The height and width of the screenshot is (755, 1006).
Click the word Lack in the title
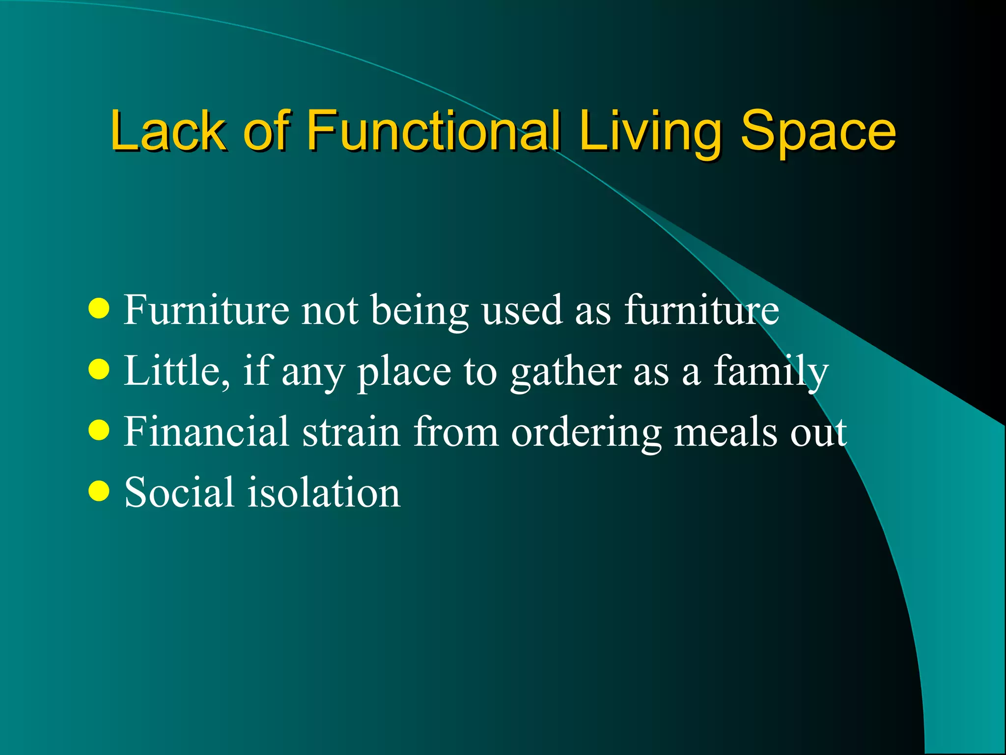pyautogui.click(x=168, y=131)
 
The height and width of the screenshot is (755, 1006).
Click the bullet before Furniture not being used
pyautogui.click(x=99, y=309)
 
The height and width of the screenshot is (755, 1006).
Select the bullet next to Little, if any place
pyautogui.click(x=99, y=370)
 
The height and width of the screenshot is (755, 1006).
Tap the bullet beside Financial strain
pyautogui.click(x=99, y=431)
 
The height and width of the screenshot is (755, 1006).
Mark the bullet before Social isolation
pyautogui.click(x=99, y=491)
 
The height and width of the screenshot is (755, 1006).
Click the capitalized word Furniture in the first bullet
pyautogui.click(x=206, y=310)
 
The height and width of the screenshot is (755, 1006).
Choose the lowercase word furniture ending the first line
pyautogui.click(x=701, y=310)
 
